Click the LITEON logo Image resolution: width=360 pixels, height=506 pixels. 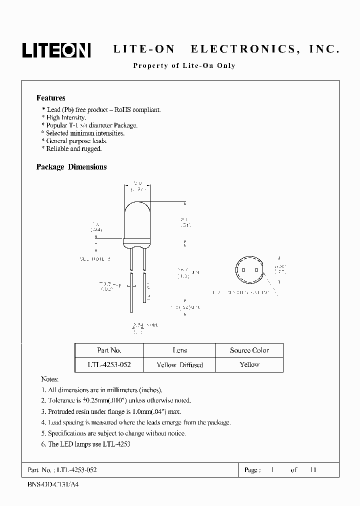pos(55,49)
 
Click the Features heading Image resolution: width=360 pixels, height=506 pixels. pos(50,98)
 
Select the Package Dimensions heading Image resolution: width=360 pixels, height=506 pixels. pos(71,167)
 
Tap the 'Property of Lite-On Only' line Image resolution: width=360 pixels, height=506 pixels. pos(183,66)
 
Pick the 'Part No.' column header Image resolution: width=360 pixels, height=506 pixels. pos(109,350)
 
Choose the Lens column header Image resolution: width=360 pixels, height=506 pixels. pos(179,350)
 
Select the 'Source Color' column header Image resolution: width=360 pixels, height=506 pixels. pos(249,350)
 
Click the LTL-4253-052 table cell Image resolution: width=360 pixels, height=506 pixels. pos(109,364)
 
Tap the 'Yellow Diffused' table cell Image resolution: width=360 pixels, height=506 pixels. pos(179,364)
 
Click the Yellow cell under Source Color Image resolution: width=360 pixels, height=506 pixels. pos(249,364)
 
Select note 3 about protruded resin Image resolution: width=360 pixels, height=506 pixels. pos(110,411)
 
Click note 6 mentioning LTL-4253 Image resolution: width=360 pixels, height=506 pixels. pos(85,444)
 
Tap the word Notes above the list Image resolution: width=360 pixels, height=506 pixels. pos(49,379)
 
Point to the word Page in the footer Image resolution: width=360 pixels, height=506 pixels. pos(251,470)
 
